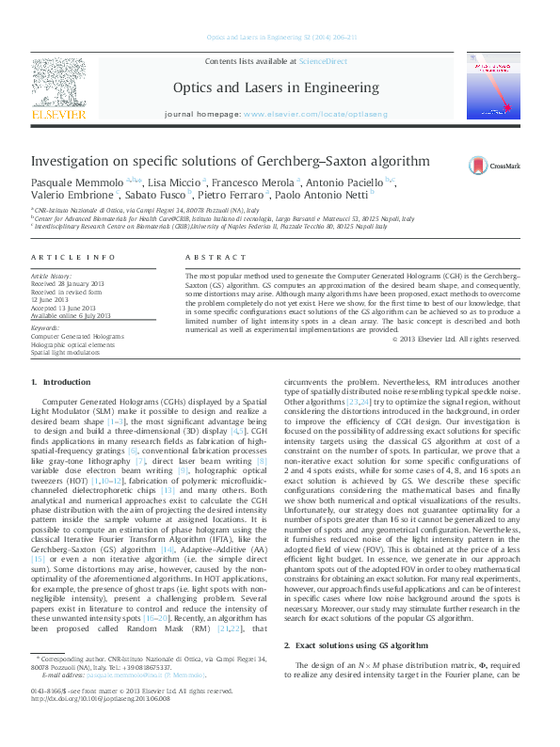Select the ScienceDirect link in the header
(x=323, y=60)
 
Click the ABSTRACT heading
(x=209, y=257)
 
